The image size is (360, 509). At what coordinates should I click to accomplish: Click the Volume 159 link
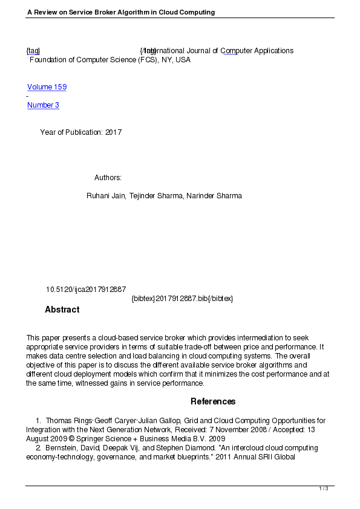(47, 87)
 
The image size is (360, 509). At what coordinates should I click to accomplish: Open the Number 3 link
(43, 105)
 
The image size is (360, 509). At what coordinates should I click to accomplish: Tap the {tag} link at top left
(33, 51)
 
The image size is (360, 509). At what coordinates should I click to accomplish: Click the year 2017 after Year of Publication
(113, 132)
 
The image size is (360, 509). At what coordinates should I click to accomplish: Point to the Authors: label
(108, 178)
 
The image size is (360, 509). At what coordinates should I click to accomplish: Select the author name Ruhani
(99, 196)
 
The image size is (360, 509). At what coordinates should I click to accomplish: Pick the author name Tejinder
(143, 196)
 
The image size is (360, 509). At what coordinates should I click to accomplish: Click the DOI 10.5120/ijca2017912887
(85, 290)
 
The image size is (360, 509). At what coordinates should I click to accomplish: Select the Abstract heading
(62, 310)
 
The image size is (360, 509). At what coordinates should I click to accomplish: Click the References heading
(213, 401)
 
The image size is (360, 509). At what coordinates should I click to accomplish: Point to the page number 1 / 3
(324, 488)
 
